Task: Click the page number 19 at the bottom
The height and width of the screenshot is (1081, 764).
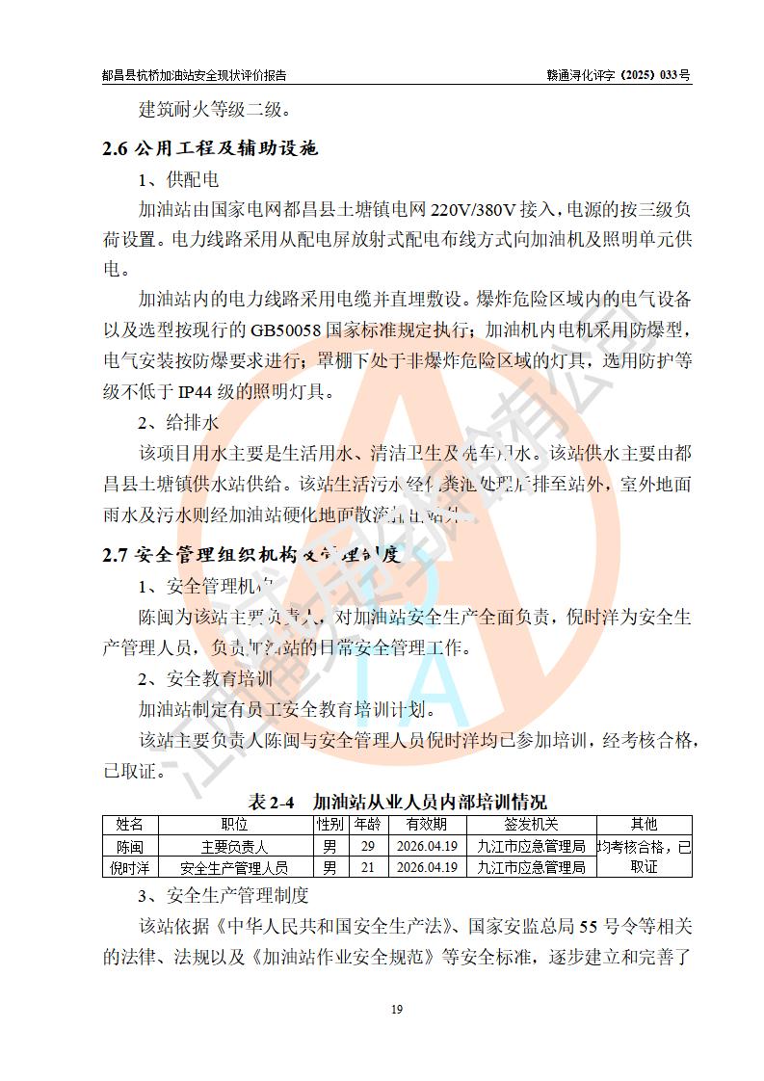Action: [x=396, y=1009]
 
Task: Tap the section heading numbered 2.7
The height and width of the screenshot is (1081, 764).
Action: [x=250, y=555]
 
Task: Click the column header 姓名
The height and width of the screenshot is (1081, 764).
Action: [x=130, y=824]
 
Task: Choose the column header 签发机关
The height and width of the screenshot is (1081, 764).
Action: [x=531, y=824]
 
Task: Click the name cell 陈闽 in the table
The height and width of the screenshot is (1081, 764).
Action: [x=130, y=847]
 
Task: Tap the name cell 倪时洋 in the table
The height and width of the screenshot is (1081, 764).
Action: [x=130, y=867]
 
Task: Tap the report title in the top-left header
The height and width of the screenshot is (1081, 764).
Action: [x=194, y=74]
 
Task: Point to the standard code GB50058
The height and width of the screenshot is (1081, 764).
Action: [x=290, y=330]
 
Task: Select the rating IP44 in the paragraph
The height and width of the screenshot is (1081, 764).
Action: [x=197, y=391]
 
